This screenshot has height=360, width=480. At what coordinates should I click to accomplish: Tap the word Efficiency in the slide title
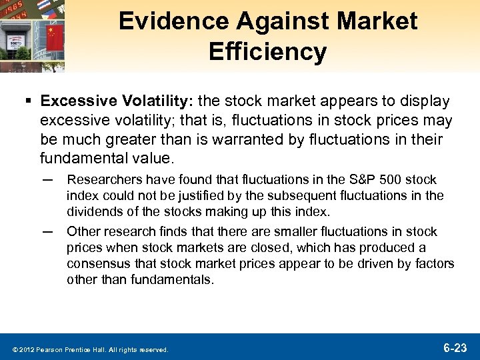(268, 51)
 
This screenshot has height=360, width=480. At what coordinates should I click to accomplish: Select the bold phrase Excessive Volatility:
(117, 101)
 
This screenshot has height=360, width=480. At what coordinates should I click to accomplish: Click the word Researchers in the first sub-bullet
(99, 179)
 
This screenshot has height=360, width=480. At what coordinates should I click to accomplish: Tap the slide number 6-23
(457, 347)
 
